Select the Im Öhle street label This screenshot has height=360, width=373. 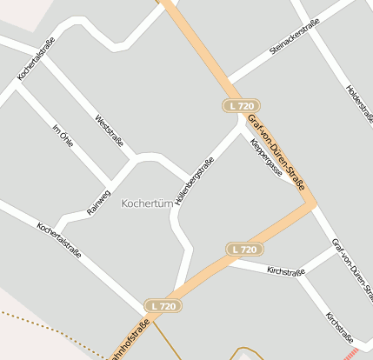(63, 137)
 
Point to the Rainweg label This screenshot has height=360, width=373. (99, 201)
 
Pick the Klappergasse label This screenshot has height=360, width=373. (265, 159)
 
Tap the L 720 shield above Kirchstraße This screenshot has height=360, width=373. (245, 250)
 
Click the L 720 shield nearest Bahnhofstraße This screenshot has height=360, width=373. (163, 306)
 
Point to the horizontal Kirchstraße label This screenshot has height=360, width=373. (286, 271)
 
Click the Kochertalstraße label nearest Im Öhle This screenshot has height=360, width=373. (37, 61)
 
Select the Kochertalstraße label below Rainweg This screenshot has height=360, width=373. (59, 241)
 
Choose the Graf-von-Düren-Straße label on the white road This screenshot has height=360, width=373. (351, 265)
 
